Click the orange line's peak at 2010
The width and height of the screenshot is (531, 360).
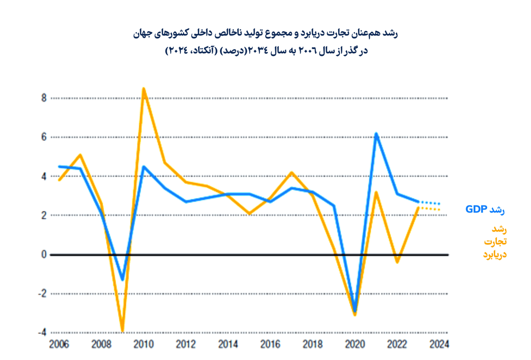(143, 89)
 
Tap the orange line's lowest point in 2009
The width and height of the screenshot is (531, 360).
(122, 330)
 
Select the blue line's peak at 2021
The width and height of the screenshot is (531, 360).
(376, 134)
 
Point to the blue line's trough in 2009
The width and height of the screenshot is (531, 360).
(122, 279)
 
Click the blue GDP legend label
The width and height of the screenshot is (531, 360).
(485, 210)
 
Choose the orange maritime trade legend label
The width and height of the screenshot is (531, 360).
(495, 242)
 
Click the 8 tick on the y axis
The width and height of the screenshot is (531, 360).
(44, 98)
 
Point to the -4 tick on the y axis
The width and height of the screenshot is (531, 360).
(42, 332)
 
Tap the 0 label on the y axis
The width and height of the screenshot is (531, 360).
(44, 255)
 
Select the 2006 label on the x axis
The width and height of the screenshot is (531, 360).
(59, 344)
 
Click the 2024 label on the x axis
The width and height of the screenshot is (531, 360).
(439, 344)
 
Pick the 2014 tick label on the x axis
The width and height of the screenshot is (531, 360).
(228, 344)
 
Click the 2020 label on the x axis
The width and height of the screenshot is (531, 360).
(355, 344)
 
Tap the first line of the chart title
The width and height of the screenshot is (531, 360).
(265, 34)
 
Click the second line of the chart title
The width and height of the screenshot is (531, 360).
(266, 51)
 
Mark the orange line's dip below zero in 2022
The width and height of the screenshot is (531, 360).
(397, 262)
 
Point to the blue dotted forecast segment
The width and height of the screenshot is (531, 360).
(429, 203)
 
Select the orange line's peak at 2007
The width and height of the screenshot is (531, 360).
(80, 155)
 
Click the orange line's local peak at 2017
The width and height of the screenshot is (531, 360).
(292, 172)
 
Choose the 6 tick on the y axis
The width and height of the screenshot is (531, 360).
(44, 137)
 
